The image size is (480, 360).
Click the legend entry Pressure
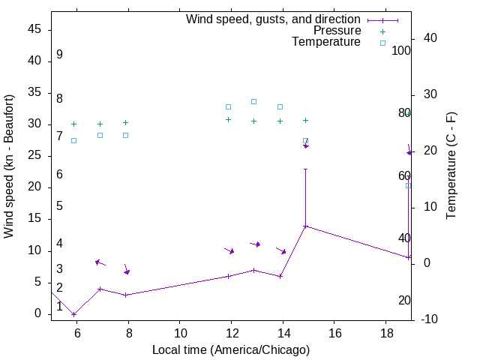pos(337,31)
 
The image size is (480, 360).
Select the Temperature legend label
pos(326,42)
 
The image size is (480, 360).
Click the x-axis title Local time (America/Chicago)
pos(230,350)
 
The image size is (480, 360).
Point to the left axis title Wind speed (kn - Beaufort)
pos(9,166)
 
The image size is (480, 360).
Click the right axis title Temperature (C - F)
pos(451,166)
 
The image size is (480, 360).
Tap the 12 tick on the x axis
pos(231,331)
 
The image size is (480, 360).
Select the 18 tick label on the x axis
pos(385,331)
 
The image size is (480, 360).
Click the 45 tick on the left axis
pos(34,29)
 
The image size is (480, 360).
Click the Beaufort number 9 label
pos(59,55)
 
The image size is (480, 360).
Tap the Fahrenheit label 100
pos(402,51)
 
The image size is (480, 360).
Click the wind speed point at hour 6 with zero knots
pos(73,314)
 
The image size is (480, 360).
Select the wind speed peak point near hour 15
pos(305,226)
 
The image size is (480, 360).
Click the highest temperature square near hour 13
pos(254,101)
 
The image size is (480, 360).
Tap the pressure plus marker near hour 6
pos(73,124)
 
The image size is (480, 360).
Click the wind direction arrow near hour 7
pos(100,262)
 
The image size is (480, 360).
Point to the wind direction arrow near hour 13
pos(255,244)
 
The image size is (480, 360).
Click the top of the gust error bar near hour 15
pos(305,169)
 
